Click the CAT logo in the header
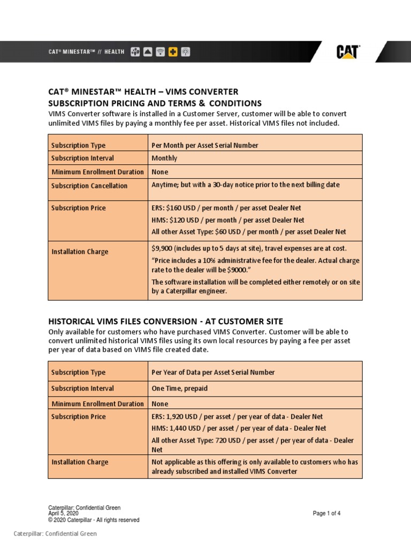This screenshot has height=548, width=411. pos(348,52)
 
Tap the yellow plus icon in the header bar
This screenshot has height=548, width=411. pos(173,52)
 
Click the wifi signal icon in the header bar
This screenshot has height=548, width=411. pos(160,52)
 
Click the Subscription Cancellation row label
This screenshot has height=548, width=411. pos(89,186)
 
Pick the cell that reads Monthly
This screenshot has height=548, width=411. pos(164,158)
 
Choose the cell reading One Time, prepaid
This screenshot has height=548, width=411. pos(179,389)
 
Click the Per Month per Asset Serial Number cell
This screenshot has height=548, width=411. pos(205,145)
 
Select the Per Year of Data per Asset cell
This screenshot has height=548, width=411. pos(213,372)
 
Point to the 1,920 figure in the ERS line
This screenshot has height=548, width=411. pos(178,416)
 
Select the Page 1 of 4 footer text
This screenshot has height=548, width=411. pos(326,513)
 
